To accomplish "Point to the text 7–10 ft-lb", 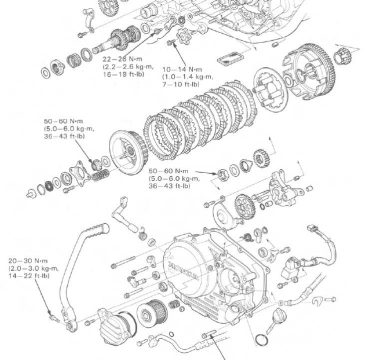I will [x=180, y=84].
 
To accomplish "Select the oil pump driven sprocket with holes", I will [x=245, y=204].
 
